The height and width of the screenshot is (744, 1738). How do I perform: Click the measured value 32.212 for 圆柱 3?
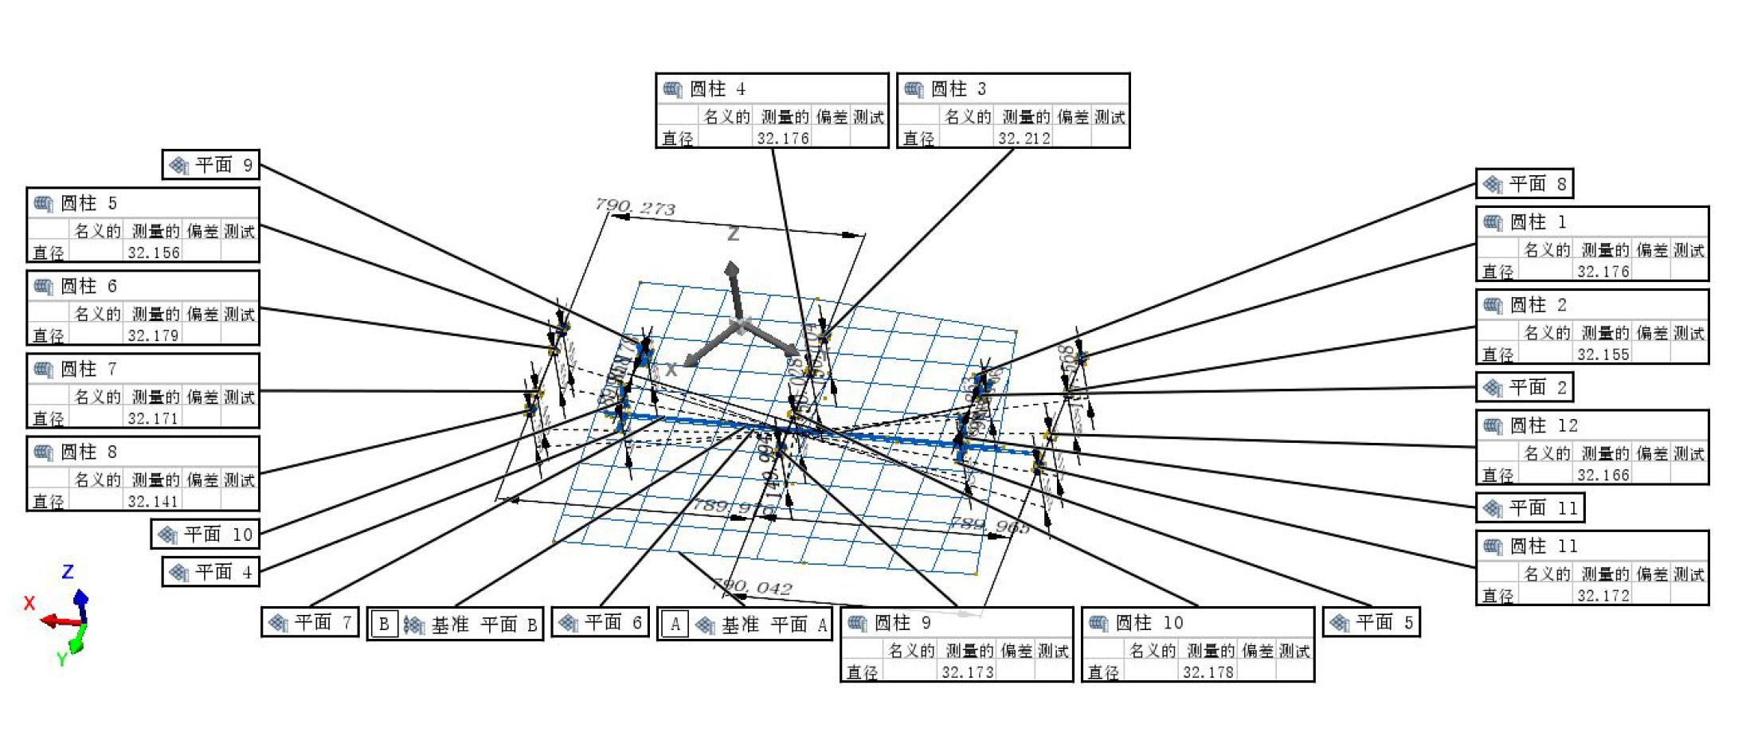click(1024, 139)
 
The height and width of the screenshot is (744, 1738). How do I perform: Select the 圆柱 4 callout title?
click(717, 89)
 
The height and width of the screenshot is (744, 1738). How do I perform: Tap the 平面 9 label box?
click(211, 165)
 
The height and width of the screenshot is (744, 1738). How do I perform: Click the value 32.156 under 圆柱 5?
click(154, 253)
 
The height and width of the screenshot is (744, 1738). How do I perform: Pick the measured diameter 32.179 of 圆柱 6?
click(153, 336)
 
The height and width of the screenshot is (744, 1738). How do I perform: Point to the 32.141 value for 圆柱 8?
click(153, 502)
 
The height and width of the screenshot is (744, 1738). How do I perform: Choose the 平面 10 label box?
click(206, 535)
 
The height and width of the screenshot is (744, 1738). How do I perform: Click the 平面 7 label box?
click(311, 622)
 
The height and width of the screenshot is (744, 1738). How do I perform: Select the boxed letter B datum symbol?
click(384, 625)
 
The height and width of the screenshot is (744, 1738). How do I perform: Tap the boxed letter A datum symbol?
click(675, 625)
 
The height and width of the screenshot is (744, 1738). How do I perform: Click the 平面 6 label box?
click(601, 622)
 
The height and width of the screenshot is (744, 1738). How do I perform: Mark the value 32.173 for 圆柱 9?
click(967, 672)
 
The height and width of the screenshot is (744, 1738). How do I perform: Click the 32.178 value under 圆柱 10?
click(1208, 672)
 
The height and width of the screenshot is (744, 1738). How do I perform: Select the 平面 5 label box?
click(1372, 622)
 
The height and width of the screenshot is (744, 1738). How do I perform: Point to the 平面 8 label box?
click(1525, 184)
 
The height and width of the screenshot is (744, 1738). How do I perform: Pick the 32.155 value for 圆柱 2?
click(1603, 355)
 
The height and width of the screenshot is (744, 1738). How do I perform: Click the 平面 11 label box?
click(1530, 507)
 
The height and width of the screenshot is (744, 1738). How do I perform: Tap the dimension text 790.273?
click(635, 207)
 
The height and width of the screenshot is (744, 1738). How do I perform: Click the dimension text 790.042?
click(752, 587)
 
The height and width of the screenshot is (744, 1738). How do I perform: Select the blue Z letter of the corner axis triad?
click(68, 571)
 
